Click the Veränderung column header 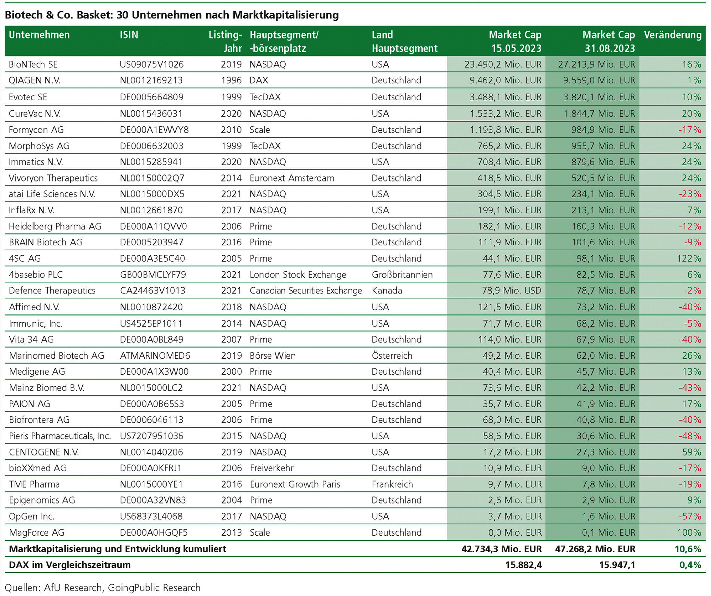tap(672, 35)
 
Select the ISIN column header tap(129, 35)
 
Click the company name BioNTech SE tap(33, 64)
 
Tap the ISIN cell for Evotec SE tap(151, 97)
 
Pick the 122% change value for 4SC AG tap(689, 258)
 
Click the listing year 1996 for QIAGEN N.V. tap(231, 81)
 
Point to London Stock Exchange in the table tap(298, 275)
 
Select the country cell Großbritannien tap(402, 275)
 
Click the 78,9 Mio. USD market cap tap(511, 291)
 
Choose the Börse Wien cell tap(273, 356)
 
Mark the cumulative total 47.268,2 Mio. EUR tap(595, 549)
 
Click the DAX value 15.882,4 tap(523, 565)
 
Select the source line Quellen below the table tap(102, 588)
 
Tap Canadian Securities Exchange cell tap(305, 291)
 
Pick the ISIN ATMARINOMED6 tap(155, 356)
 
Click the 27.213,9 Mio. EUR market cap tap(596, 64)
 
